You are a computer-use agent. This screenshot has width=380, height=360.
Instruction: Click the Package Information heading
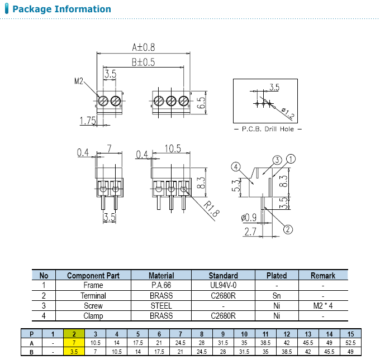click(61, 9)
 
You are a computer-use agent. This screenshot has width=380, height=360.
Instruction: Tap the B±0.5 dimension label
click(143, 63)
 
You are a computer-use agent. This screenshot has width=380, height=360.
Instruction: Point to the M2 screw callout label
click(79, 81)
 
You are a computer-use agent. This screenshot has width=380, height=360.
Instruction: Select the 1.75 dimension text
click(88, 120)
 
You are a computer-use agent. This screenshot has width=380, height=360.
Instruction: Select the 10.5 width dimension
click(173, 149)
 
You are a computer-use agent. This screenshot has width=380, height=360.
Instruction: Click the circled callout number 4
click(236, 166)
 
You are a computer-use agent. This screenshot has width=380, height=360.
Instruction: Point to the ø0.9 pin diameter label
click(249, 217)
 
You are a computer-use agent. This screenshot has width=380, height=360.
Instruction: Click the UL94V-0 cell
click(223, 285)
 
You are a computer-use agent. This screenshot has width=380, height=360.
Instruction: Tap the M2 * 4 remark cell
click(323, 305)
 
